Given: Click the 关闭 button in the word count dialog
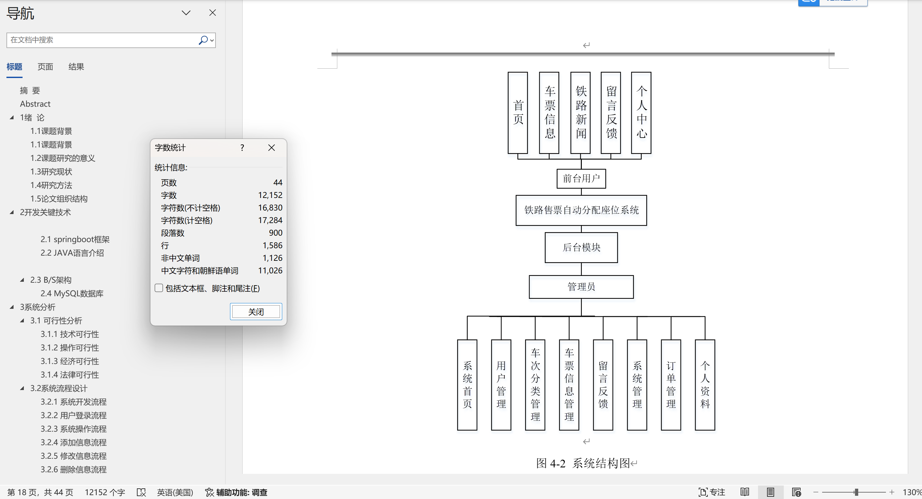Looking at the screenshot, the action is click(x=256, y=312).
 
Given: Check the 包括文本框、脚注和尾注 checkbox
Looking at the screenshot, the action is click(x=159, y=288).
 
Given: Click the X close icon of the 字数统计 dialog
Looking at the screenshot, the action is click(x=272, y=148).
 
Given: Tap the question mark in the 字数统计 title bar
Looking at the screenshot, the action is click(x=242, y=148).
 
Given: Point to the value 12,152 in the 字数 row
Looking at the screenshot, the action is click(x=270, y=195).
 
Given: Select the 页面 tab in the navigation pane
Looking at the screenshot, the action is click(x=45, y=67).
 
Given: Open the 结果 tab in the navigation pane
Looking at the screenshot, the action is click(x=76, y=67).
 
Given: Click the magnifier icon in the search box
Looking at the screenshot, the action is click(x=203, y=40).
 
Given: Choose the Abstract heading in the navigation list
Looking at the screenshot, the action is click(x=35, y=104).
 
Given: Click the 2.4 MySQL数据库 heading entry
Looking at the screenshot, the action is click(x=72, y=293).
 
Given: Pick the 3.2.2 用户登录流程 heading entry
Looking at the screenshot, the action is click(x=73, y=415).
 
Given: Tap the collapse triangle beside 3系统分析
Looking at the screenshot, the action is click(x=12, y=307).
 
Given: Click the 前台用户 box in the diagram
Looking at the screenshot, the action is click(x=581, y=178).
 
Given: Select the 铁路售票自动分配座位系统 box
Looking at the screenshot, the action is click(x=581, y=210).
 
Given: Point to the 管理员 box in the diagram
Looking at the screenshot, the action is click(x=581, y=287).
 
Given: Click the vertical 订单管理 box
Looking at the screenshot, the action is click(x=671, y=385).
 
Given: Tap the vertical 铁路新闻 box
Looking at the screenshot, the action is click(x=581, y=113).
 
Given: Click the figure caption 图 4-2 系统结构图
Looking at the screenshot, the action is click(x=583, y=463).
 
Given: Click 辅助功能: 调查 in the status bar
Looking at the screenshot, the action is click(x=236, y=493).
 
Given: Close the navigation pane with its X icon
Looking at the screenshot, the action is click(x=213, y=13).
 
